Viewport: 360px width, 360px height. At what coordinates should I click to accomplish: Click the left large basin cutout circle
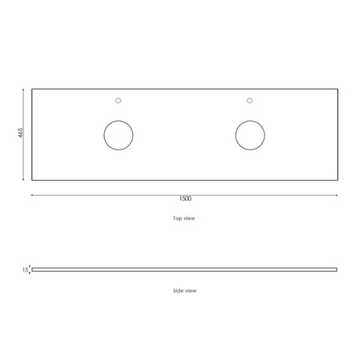(104, 135)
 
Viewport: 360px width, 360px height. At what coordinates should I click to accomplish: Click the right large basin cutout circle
(236, 135)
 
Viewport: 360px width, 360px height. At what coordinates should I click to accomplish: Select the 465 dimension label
(20, 133)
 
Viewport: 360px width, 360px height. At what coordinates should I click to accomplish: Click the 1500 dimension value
(185, 199)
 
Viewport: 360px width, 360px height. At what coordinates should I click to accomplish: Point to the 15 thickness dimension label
(25, 270)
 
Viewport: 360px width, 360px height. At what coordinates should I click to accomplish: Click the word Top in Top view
(178, 218)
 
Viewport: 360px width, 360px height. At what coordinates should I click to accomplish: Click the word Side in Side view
(178, 290)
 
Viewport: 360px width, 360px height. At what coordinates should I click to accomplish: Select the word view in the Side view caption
(190, 290)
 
